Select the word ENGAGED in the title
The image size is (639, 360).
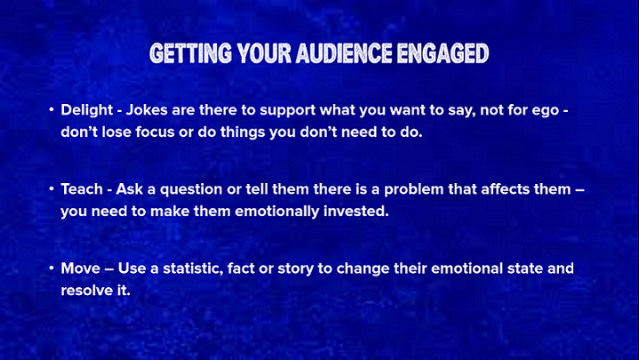[443, 53]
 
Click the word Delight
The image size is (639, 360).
[87, 110]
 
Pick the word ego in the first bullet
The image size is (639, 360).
[546, 111]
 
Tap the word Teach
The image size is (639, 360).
[82, 188]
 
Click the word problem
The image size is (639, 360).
[413, 190]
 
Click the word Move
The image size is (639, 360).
[80, 268]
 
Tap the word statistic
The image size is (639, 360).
[193, 268]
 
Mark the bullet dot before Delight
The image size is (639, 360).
[52, 109]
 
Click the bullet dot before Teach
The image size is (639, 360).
[52, 188]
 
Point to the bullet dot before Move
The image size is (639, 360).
[52, 268]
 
